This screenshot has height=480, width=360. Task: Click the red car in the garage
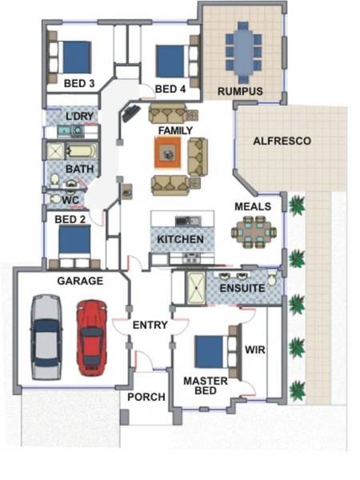click(92, 338)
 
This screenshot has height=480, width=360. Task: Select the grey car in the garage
click(46, 337)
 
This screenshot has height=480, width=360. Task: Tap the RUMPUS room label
click(240, 91)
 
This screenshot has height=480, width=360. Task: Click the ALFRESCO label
click(282, 141)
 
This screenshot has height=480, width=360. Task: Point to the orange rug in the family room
click(167, 153)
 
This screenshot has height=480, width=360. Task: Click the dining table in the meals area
click(254, 232)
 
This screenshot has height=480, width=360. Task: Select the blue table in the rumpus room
click(243, 52)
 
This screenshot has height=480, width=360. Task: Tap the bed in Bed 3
click(70, 58)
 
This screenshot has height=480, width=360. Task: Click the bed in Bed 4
click(178, 62)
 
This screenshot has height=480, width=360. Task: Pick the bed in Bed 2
click(74, 246)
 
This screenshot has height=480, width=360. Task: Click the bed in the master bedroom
click(216, 352)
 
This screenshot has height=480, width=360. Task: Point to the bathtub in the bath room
click(82, 151)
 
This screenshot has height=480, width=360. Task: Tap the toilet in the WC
click(55, 199)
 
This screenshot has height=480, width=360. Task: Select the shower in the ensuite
click(196, 288)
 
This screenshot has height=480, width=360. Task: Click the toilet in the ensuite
click(272, 279)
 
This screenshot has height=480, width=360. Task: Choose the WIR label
click(254, 350)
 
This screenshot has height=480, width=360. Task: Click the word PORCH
click(146, 397)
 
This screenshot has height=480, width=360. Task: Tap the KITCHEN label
click(180, 239)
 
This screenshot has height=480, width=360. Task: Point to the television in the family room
click(130, 114)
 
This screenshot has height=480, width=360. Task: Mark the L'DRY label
click(79, 116)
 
